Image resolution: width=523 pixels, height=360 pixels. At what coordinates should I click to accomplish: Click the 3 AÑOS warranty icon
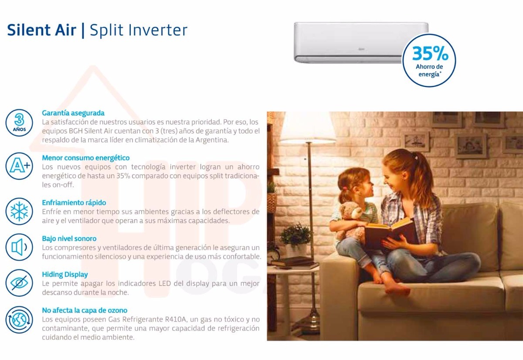[x=19, y=123]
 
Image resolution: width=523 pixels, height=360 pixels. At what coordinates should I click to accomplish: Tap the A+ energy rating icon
[x=19, y=166]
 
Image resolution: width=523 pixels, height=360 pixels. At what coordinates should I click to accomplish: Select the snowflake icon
[x=19, y=211]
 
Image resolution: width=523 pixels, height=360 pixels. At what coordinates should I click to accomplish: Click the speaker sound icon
[x=19, y=247]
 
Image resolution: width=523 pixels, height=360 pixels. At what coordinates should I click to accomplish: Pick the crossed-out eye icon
[x=19, y=283]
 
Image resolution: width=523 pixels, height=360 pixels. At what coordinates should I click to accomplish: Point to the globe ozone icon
[x=19, y=320]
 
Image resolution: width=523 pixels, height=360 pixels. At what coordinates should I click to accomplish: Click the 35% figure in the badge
[x=430, y=54]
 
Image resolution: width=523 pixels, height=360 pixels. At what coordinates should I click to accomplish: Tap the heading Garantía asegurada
[x=73, y=113]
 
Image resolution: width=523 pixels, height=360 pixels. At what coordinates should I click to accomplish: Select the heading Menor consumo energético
[x=86, y=158]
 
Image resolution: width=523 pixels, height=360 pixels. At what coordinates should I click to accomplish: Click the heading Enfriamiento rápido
[x=74, y=203]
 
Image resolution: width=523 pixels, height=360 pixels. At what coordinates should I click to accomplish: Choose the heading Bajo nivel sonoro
[x=69, y=238]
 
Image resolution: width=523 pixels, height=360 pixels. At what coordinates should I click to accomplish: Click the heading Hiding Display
[x=65, y=275]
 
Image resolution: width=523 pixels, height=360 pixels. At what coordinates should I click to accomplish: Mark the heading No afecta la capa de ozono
[x=85, y=310]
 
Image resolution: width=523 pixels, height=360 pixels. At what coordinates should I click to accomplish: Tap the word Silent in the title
[x=29, y=30]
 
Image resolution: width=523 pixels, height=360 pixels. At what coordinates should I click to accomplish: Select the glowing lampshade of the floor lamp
[x=308, y=127]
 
